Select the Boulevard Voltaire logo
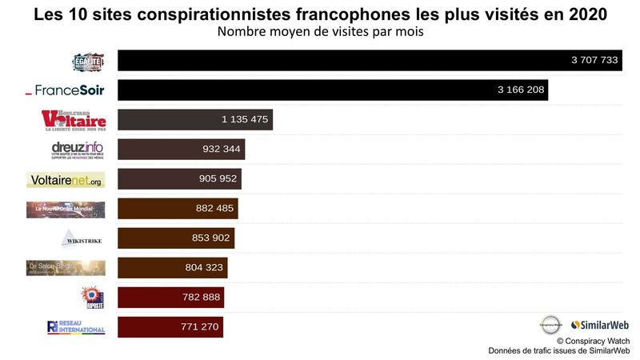tap(74, 120)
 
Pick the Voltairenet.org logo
tap(66, 180)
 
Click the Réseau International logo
tap(76, 326)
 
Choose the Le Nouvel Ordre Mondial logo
tap(66, 210)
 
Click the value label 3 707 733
tap(594, 61)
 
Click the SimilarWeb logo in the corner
tap(600, 325)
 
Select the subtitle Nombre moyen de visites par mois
tap(319, 33)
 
